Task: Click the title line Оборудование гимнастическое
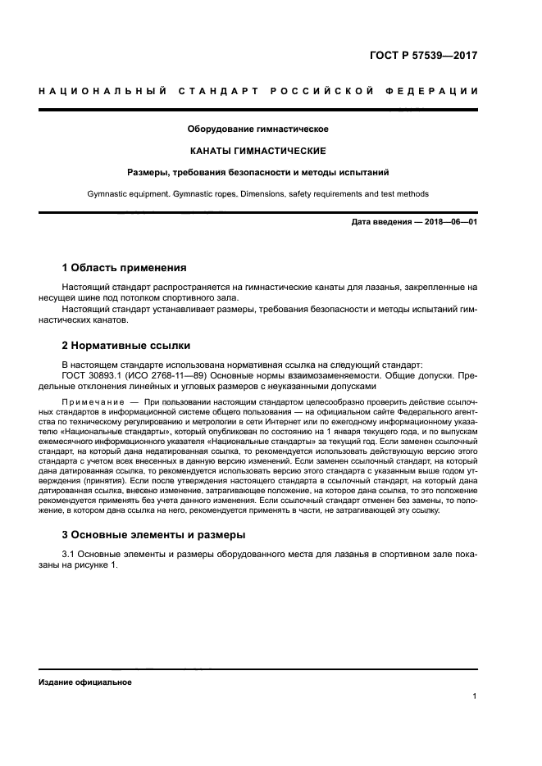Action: (x=258, y=129)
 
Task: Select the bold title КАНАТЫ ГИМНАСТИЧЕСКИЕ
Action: (x=258, y=151)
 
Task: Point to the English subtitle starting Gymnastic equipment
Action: (x=258, y=194)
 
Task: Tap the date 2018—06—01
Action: (x=451, y=223)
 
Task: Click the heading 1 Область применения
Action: (x=125, y=268)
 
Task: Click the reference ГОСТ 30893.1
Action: (x=93, y=374)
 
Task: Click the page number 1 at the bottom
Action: (x=475, y=696)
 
